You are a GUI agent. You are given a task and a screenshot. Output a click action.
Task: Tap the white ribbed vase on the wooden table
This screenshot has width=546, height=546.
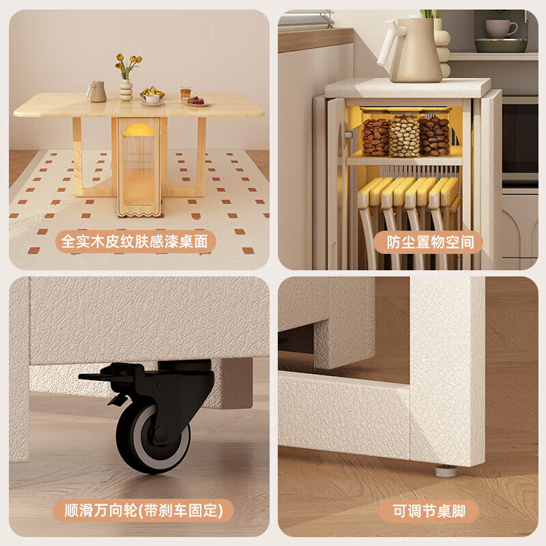(x=126, y=90)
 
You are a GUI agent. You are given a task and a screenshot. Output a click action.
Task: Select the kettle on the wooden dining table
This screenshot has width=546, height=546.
(x=98, y=91)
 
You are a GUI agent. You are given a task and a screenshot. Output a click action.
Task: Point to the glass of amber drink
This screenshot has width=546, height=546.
(x=185, y=94)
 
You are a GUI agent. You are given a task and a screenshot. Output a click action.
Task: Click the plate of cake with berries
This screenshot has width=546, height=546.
(x=197, y=101)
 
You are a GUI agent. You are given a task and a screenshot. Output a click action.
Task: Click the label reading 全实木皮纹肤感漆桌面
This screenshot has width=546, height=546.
(x=139, y=242)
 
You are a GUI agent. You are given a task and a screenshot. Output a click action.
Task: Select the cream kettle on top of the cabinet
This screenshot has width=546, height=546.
(x=412, y=50)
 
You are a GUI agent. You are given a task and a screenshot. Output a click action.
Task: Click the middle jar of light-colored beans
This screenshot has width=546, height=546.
(x=405, y=136)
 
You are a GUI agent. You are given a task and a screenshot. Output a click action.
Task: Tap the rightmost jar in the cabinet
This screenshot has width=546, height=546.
(x=435, y=136)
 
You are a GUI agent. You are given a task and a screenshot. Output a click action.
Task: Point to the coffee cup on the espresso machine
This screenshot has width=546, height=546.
(x=501, y=28)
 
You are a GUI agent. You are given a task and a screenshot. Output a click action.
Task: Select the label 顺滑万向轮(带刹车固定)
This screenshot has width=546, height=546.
(x=144, y=510)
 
